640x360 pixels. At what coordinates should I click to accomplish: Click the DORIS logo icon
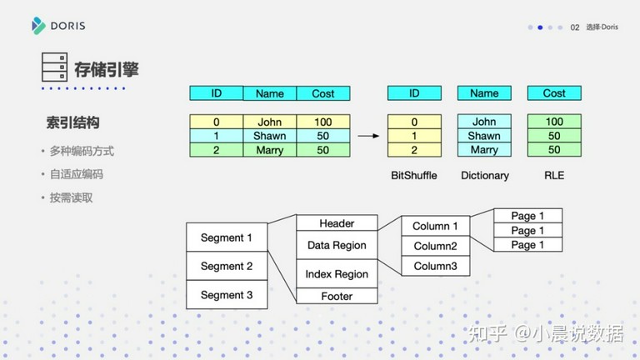38,26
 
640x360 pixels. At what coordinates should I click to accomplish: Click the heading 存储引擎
107,69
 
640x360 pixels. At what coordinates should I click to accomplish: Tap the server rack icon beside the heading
54,67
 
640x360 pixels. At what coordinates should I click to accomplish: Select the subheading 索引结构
72,122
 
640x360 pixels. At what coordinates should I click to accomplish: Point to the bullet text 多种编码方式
82,151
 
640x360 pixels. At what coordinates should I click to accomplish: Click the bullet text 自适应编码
77,174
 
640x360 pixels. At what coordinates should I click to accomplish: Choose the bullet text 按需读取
71,198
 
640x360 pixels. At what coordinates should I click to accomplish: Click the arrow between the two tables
368,136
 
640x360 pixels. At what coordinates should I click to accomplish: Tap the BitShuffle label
414,176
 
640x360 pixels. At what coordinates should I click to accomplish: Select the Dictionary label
485,176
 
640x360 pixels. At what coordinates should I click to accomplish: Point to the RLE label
554,176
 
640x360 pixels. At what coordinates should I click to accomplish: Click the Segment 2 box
227,266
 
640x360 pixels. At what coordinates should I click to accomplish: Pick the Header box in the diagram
337,222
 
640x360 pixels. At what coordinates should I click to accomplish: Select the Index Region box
337,273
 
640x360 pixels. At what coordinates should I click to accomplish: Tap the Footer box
337,296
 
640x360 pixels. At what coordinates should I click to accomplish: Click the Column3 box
436,266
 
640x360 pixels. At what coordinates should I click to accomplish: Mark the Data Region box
337,245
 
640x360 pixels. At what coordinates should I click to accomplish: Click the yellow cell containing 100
323,122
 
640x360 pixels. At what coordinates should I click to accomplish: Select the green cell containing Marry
270,150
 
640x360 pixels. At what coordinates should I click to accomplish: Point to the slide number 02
575,27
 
